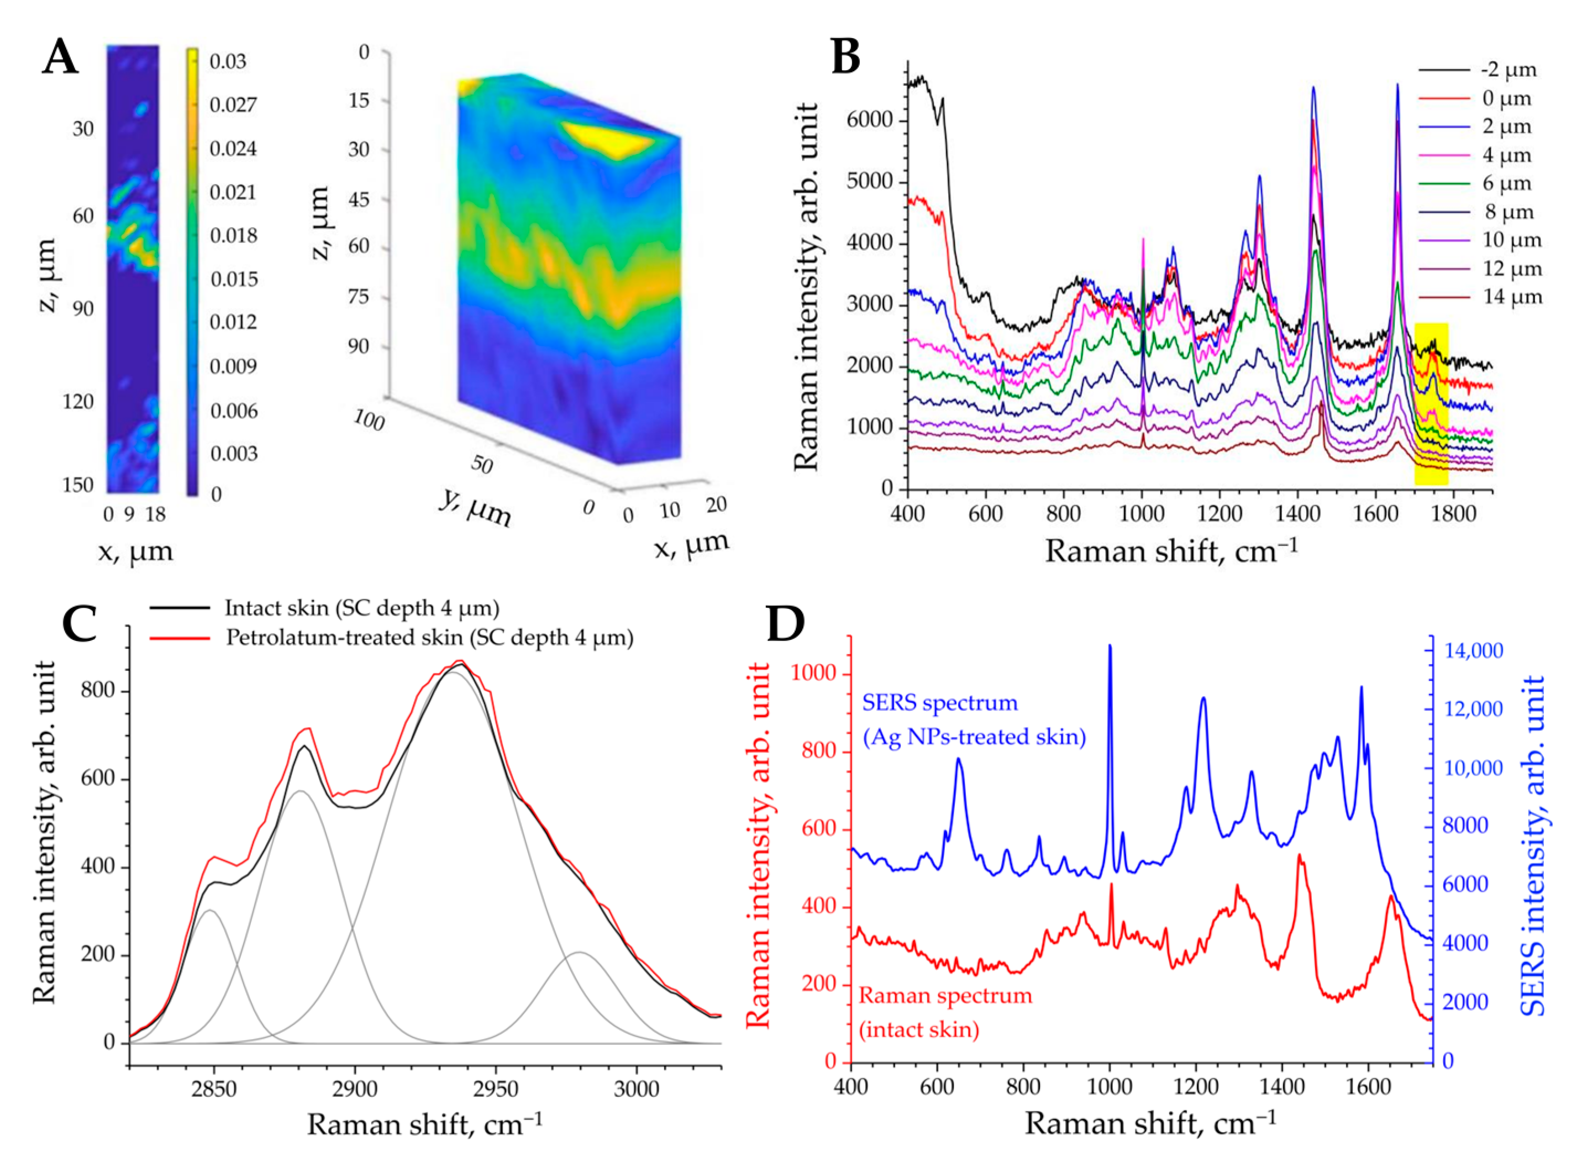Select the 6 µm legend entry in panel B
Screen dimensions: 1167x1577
pos(1506,183)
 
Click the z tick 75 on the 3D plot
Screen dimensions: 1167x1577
pos(360,297)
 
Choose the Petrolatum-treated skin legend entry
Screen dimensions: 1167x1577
pos(429,638)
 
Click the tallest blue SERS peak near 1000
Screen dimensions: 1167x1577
pos(1110,646)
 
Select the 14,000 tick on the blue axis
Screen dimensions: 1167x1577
pos(1475,650)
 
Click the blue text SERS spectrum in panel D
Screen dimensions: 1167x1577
pos(939,703)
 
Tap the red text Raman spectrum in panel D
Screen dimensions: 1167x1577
pos(945,996)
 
